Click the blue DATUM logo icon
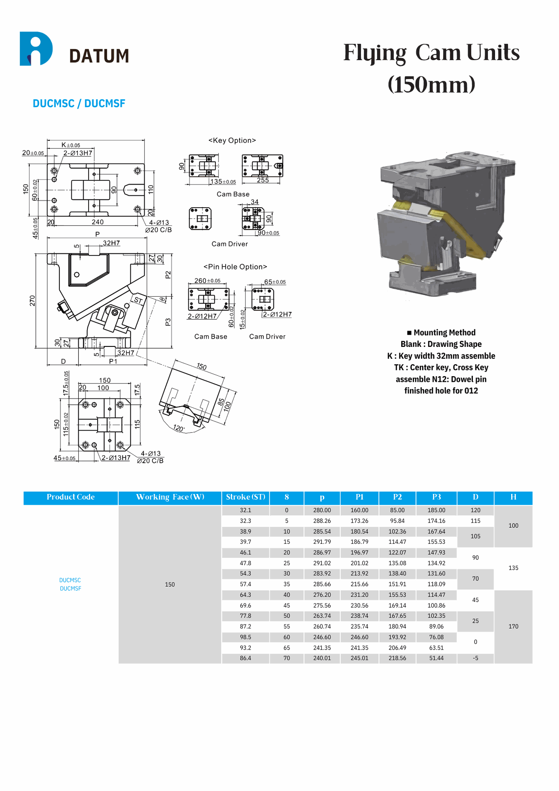36,49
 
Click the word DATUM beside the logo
99,56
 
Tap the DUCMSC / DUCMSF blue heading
79,103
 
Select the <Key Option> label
232,140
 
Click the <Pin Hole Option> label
235,267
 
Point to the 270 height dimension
32,301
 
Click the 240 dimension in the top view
98,222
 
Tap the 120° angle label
179,428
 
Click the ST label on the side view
138,300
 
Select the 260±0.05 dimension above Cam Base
207,281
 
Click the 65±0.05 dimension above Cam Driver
275,282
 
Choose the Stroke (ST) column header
246,497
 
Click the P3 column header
436,497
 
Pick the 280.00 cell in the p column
322,510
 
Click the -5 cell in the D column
475,658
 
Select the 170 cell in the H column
513,627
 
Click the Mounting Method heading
441,332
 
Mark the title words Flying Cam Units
431,53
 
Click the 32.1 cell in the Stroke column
246,510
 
